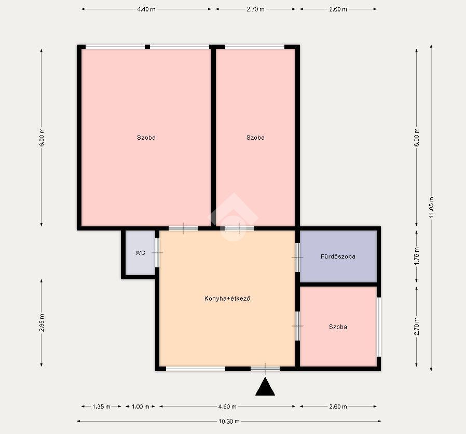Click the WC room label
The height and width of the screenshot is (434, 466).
tap(140, 253)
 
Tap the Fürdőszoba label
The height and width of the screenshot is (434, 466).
tap(338, 256)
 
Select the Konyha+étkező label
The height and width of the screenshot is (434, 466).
tap(227, 299)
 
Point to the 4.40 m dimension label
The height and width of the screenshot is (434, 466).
tap(146, 9)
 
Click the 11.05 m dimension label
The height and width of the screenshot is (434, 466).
tap(432, 207)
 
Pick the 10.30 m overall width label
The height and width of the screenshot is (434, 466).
tap(229, 421)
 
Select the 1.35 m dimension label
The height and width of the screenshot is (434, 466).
tap(101, 406)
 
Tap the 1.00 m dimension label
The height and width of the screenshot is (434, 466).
tap(140, 406)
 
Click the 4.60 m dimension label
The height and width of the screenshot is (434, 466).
tap(227, 406)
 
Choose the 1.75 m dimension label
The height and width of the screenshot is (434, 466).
tap(417, 256)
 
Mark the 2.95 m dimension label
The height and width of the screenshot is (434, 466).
tap(42, 322)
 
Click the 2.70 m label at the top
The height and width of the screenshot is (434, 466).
tap(255, 9)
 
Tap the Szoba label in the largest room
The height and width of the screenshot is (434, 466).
tap(146, 138)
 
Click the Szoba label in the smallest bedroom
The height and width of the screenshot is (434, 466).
tap(338, 327)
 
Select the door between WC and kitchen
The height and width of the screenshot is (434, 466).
tap(158, 253)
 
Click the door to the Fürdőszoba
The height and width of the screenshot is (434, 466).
tap(297, 257)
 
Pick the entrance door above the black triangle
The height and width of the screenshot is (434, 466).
tap(265, 369)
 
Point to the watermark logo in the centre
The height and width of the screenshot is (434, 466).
tap(234, 217)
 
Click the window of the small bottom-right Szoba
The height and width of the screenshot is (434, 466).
tap(379, 327)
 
